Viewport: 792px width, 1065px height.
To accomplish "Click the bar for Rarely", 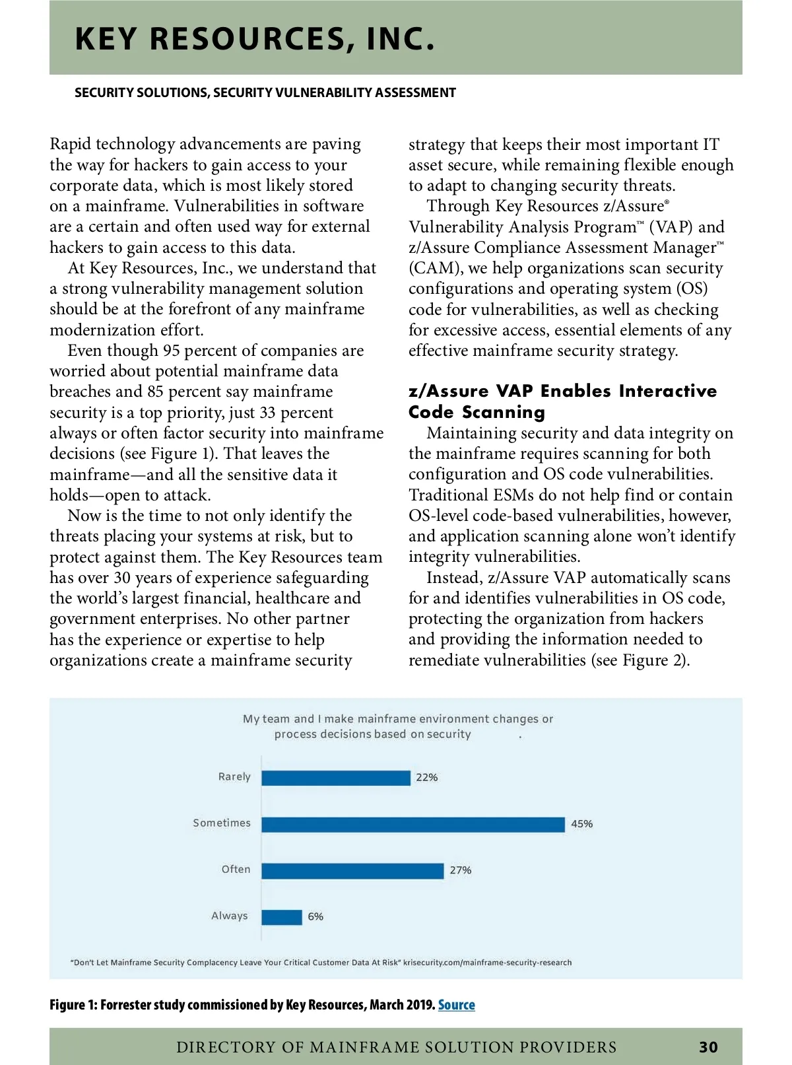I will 335,778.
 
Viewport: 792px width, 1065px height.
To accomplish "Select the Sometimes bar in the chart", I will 412,824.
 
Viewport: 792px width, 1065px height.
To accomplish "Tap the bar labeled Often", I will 352,871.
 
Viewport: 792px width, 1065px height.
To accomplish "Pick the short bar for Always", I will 282,917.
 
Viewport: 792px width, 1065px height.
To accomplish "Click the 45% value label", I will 581,824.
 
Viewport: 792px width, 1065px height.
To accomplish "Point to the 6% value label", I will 315,917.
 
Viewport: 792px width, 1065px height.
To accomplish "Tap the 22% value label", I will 426,778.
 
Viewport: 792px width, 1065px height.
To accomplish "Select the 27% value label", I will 461,871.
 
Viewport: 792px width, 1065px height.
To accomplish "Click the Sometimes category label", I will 222,823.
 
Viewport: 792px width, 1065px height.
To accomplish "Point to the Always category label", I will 229,916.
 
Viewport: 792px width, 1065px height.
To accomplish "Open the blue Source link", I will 456,1005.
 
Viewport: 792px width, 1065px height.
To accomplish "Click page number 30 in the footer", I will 708,1047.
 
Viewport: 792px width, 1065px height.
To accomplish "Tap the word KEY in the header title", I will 105,39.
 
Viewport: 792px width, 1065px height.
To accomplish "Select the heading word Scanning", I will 504,413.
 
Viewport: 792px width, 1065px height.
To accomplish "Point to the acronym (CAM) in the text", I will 434,269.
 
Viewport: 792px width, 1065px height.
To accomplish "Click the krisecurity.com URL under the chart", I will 488,963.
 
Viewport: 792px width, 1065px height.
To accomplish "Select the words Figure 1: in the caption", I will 73,1005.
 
